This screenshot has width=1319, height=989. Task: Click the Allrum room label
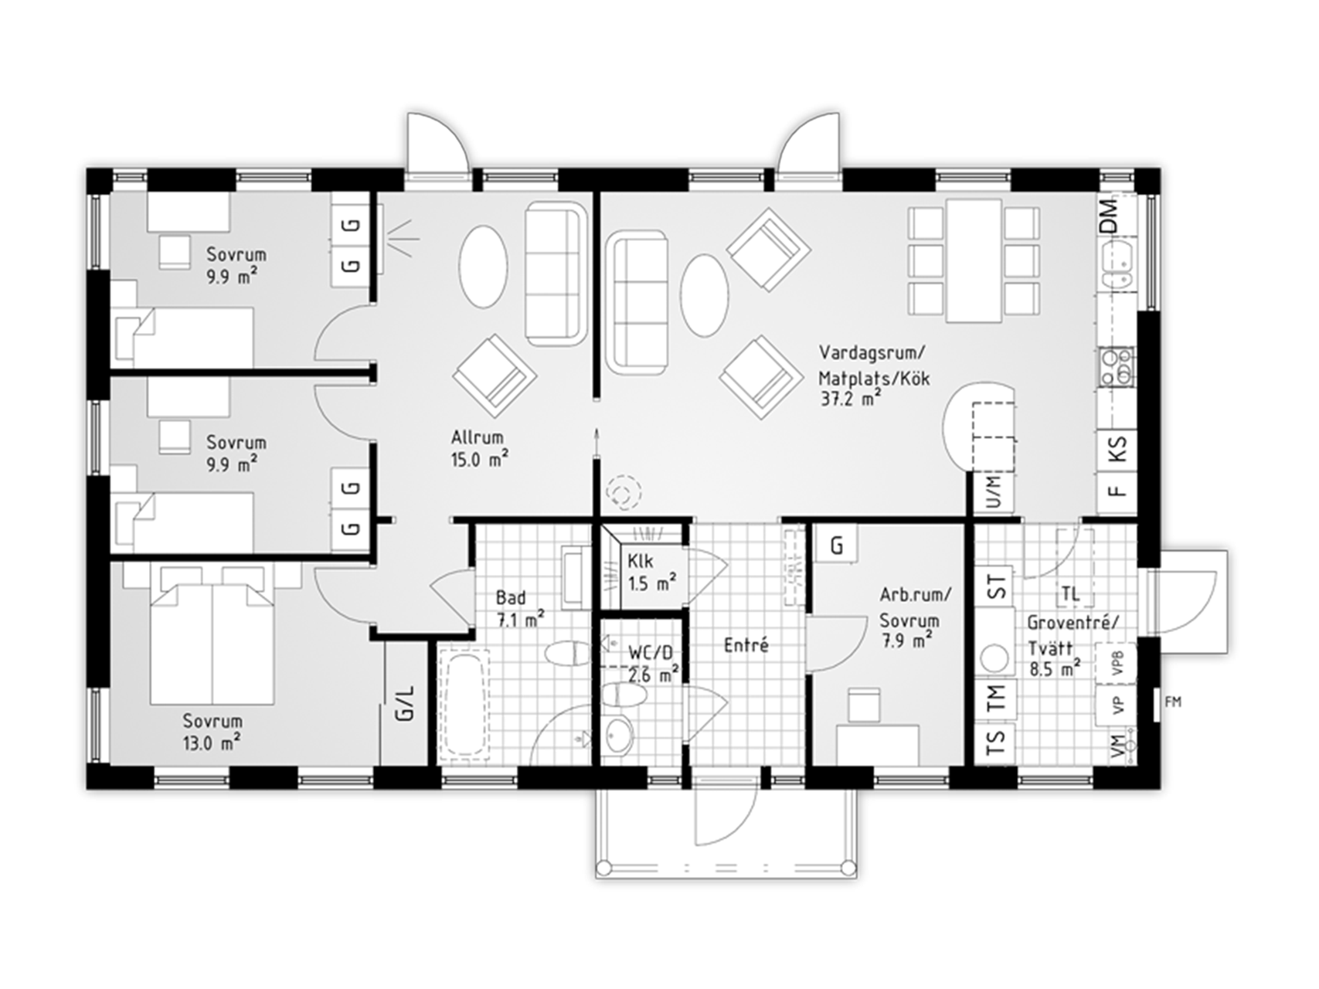(x=478, y=438)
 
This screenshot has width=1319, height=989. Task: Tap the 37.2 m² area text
(x=852, y=399)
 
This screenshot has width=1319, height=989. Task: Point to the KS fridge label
(x=1117, y=450)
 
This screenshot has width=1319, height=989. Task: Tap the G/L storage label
(x=405, y=702)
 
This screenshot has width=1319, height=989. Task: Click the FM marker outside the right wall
(x=1173, y=702)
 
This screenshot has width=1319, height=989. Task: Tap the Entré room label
(x=746, y=645)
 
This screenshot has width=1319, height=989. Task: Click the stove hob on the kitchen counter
(x=1117, y=366)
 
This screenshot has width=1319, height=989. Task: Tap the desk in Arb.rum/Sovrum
(x=878, y=744)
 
